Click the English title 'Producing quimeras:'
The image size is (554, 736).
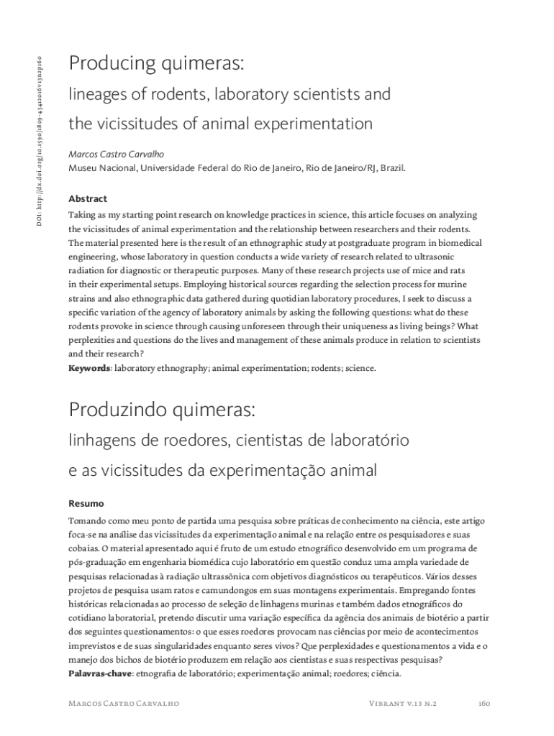(x=158, y=64)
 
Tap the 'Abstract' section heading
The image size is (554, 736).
(x=87, y=198)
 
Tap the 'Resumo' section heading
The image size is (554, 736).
(x=86, y=503)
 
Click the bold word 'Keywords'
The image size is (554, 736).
(x=89, y=368)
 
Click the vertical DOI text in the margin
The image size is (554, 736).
(x=41, y=136)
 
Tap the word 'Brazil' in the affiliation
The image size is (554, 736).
(x=392, y=168)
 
